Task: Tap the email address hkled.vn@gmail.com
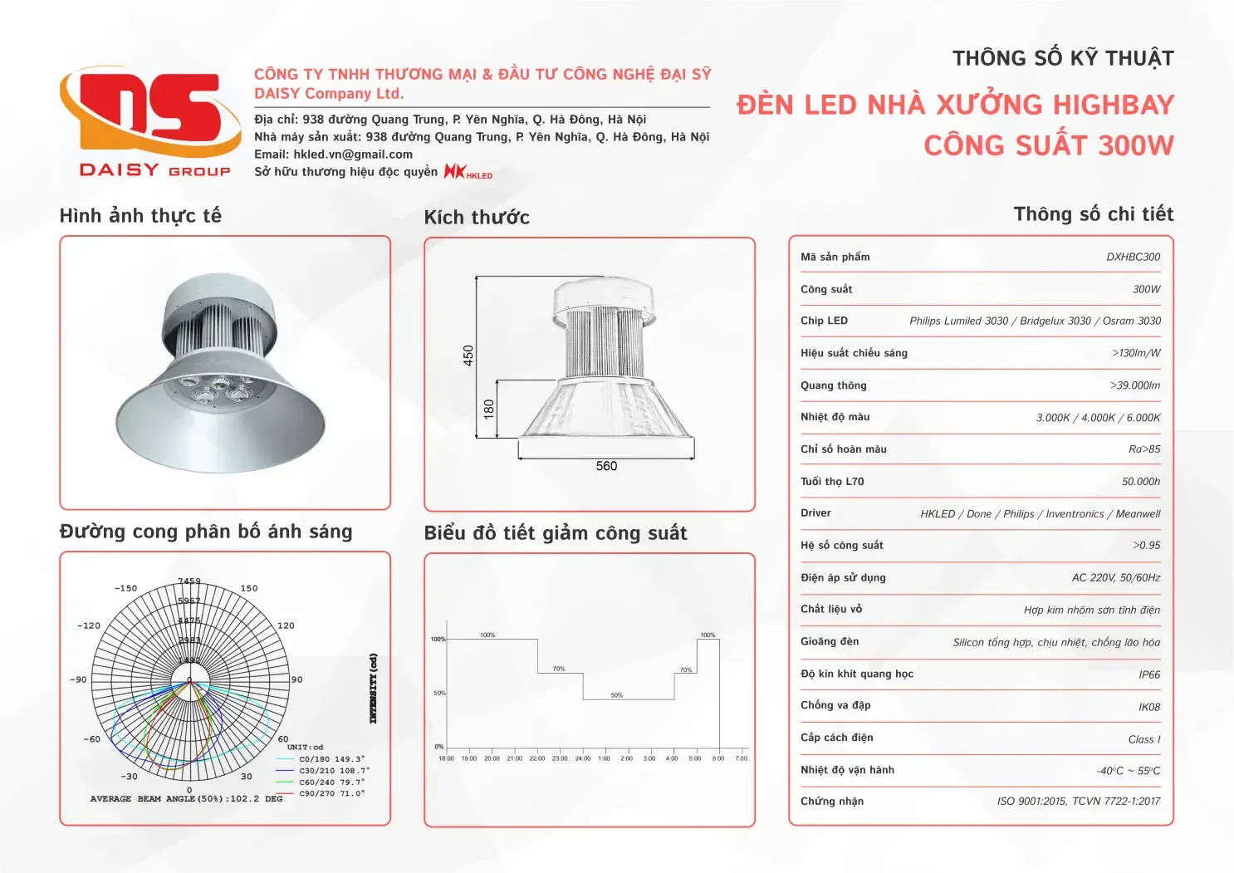coord(353,154)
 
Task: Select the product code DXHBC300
coord(1133,257)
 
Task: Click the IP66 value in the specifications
coord(1149,675)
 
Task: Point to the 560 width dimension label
coord(606,466)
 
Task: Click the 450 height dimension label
coord(468,356)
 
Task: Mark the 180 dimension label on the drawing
coord(489,408)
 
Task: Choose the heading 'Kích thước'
coord(477,218)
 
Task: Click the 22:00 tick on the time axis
coord(537,758)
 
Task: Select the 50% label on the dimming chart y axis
coord(439,693)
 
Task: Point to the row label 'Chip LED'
coord(824,321)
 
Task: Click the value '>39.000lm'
coord(1134,385)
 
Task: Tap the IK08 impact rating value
coord(1149,708)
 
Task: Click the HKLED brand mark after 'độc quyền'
coord(468,172)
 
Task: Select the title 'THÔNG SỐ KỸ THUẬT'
coord(1063,59)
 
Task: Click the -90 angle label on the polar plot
coord(78,679)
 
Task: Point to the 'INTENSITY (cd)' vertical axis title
coord(374,688)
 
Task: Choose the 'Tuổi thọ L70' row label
coord(832,482)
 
